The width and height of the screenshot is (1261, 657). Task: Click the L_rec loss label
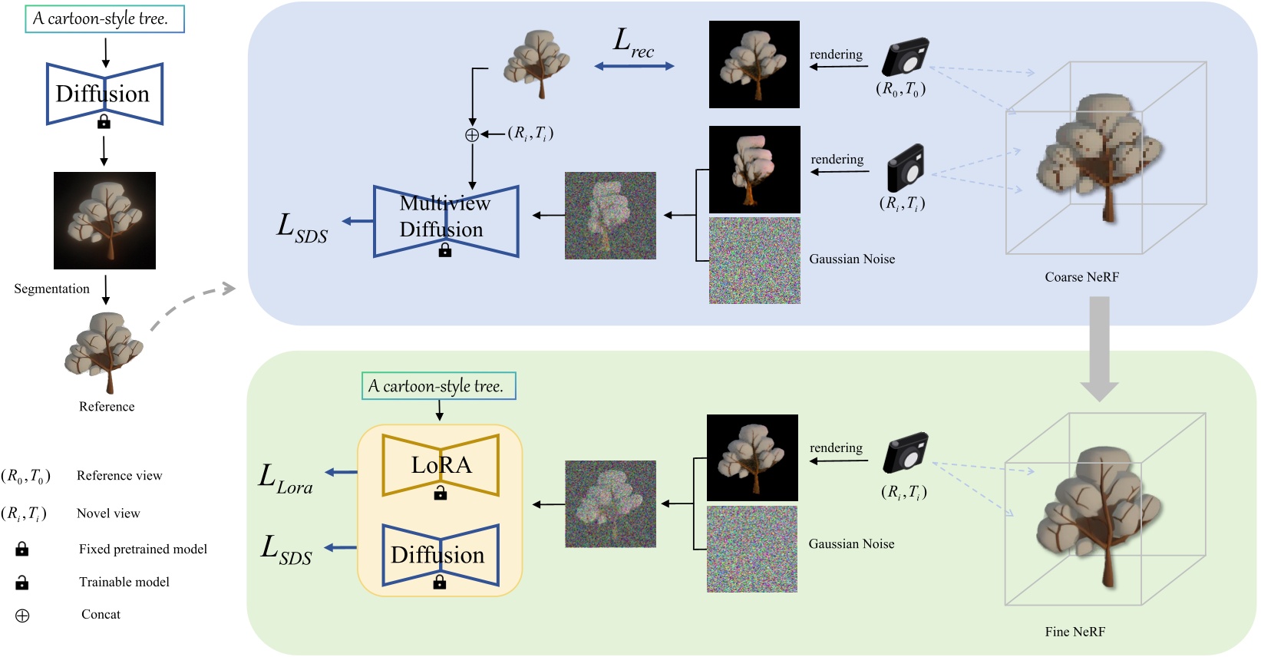click(x=633, y=42)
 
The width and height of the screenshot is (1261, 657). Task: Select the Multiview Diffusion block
click(x=446, y=221)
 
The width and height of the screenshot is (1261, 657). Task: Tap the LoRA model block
click(x=441, y=465)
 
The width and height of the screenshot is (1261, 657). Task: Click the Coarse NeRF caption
click(x=1081, y=277)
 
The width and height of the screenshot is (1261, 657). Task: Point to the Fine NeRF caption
click(x=1074, y=632)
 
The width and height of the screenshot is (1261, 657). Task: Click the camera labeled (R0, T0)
click(x=906, y=58)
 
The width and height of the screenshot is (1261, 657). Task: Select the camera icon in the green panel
click(x=906, y=452)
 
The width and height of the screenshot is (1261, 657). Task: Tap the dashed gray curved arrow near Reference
click(x=192, y=303)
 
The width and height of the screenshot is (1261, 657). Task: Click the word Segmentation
click(x=51, y=289)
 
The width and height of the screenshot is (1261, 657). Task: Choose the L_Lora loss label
click(x=286, y=479)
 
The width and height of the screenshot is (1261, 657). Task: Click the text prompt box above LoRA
click(x=438, y=386)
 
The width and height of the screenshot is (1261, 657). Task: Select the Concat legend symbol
click(x=22, y=616)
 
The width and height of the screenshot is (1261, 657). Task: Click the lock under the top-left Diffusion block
click(x=104, y=121)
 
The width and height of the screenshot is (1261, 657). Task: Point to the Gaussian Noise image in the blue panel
click(x=754, y=261)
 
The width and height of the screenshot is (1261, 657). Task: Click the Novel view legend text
click(x=108, y=513)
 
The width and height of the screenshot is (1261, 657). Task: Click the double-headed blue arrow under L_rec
click(x=634, y=67)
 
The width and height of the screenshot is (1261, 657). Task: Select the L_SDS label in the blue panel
click(x=302, y=228)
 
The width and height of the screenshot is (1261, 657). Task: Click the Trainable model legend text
click(x=124, y=582)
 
